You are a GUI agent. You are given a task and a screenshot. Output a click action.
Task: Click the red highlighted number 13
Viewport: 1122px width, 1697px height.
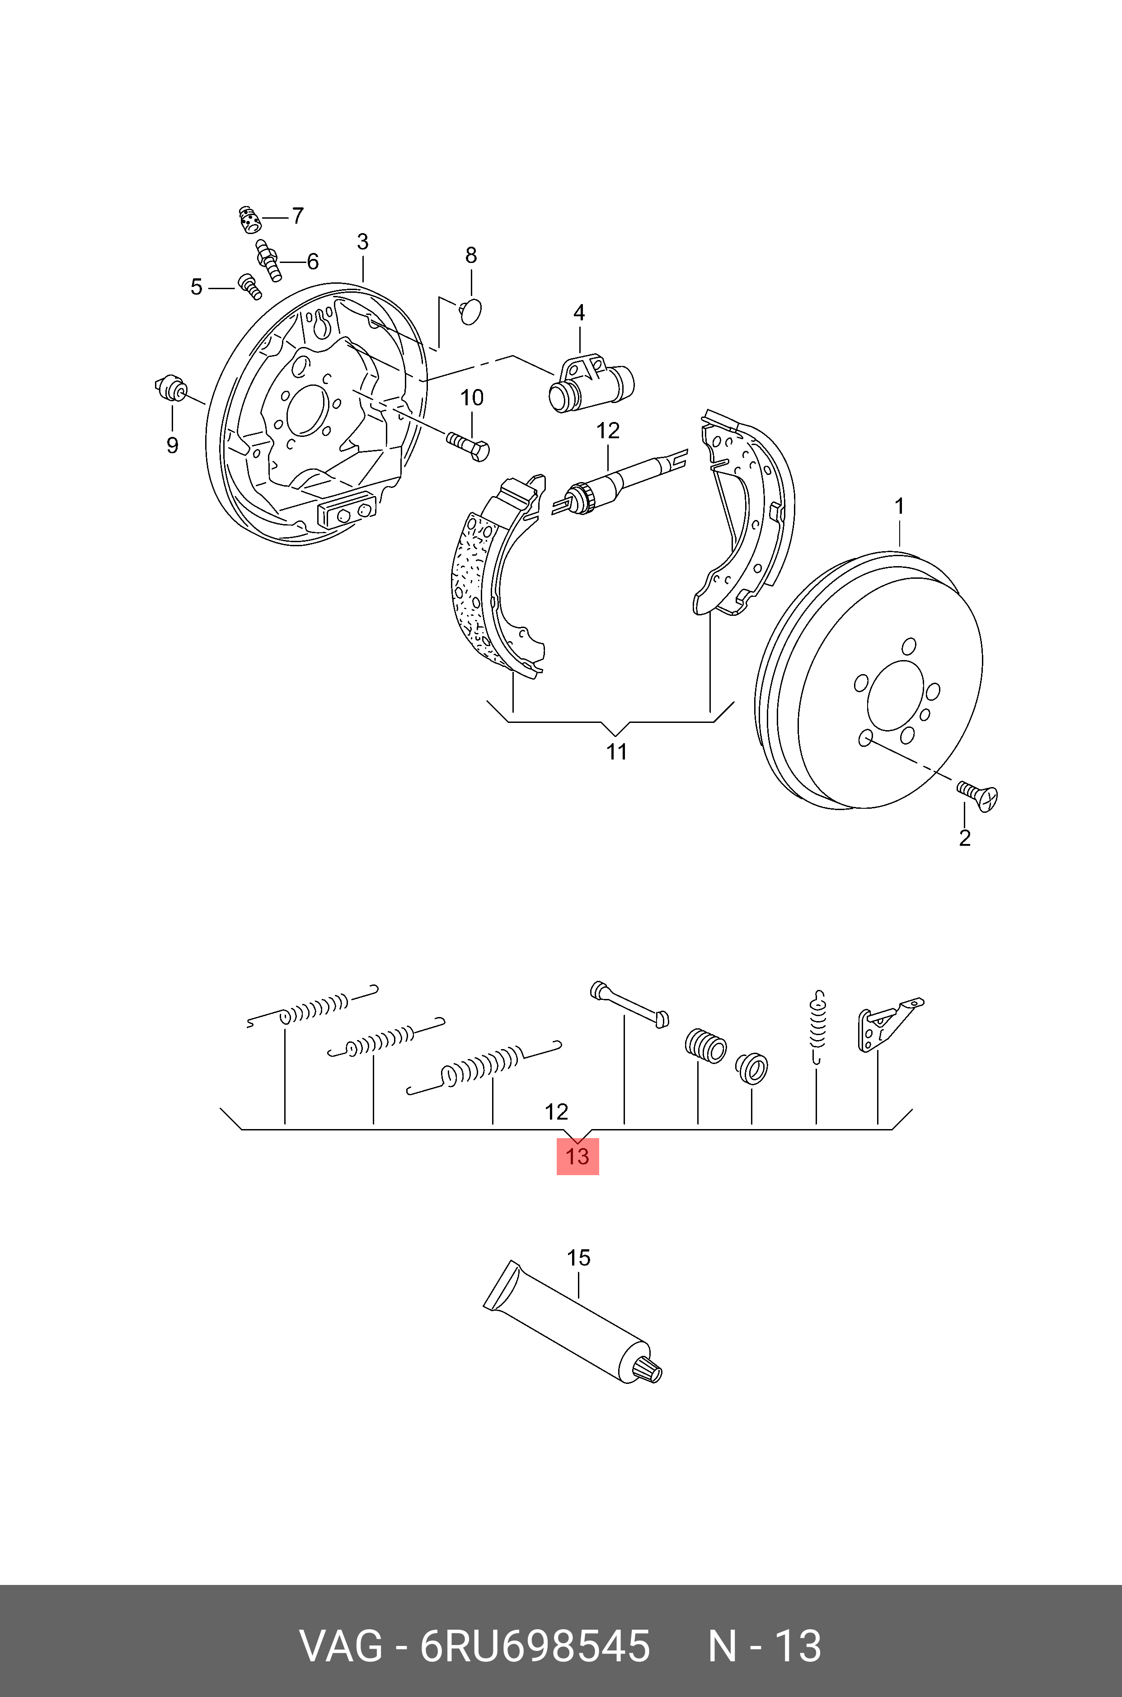tap(577, 1156)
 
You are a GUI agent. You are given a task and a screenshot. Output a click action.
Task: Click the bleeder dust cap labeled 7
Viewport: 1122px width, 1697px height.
tap(248, 219)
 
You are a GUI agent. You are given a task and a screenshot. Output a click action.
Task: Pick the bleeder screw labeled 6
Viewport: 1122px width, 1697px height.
tap(268, 260)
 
